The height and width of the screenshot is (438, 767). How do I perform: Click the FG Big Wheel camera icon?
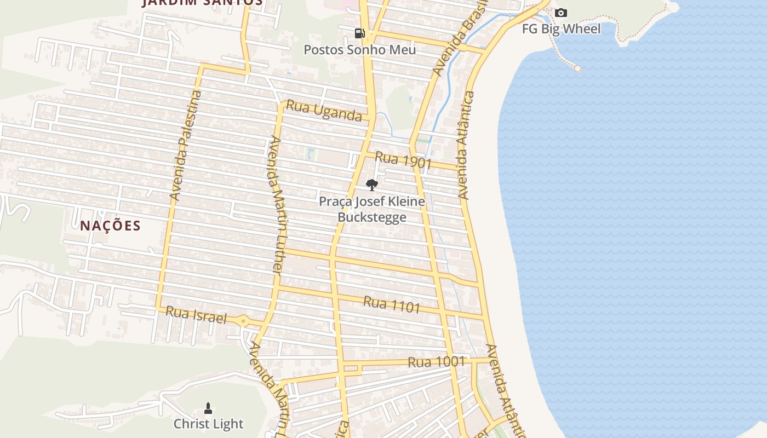click(561, 13)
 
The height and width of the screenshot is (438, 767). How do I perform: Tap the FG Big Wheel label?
click(561, 29)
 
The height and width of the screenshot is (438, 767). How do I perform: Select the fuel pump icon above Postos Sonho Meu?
click(359, 33)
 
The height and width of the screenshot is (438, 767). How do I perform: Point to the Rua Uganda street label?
click(324, 111)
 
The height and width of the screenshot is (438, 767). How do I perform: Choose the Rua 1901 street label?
click(403, 160)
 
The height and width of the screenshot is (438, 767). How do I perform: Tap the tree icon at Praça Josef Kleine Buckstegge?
click(372, 185)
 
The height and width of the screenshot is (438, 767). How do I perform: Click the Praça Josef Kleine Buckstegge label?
click(372, 209)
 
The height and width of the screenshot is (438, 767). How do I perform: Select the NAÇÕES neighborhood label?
click(111, 226)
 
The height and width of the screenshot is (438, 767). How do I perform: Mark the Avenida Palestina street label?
click(186, 146)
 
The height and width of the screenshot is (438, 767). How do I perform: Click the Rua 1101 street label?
click(392, 304)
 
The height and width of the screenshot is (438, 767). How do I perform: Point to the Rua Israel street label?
click(196, 315)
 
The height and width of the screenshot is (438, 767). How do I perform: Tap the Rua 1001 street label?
click(437, 362)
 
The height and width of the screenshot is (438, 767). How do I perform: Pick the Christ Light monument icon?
click(208, 408)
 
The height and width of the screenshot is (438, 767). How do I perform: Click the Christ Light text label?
click(208, 424)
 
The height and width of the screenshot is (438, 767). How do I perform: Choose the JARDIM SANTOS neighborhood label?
click(203, 2)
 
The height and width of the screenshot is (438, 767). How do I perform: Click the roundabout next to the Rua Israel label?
click(243, 321)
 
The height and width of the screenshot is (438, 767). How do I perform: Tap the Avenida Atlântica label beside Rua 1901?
click(466, 145)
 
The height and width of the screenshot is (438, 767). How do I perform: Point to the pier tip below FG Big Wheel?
click(577, 68)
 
